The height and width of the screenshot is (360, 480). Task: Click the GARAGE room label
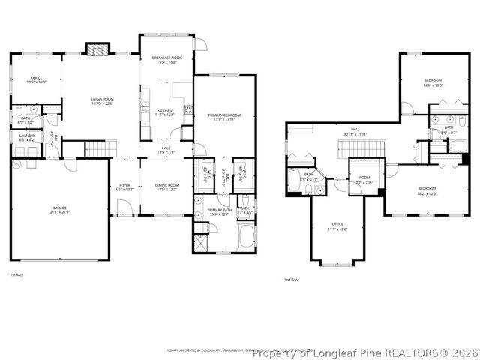click(x=60, y=209)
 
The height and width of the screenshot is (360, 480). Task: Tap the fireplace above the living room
click(x=97, y=49)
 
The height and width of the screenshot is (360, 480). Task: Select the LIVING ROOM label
click(x=102, y=100)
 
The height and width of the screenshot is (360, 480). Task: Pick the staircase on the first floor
click(x=97, y=149)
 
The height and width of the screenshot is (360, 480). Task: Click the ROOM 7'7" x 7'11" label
click(x=364, y=180)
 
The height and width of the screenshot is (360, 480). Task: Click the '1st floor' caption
click(x=17, y=276)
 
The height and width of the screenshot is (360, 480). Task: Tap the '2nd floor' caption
click(x=292, y=280)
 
